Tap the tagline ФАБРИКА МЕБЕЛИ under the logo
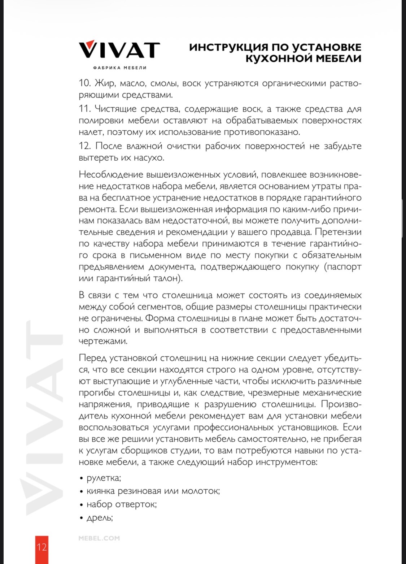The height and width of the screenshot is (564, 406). click(x=120, y=68)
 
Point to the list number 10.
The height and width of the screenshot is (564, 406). click(x=84, y=83)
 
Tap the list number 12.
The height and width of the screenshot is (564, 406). click(x=85, y=146)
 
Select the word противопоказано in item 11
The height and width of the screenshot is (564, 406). click(x=262, y=132)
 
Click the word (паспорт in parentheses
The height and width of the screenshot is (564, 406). click(x=343, y=267)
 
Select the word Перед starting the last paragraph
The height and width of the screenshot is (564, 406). click(x=92, y=358)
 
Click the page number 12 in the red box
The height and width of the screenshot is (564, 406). click(x=42, y=547)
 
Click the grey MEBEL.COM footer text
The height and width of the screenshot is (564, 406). click(x=99, y=538)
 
